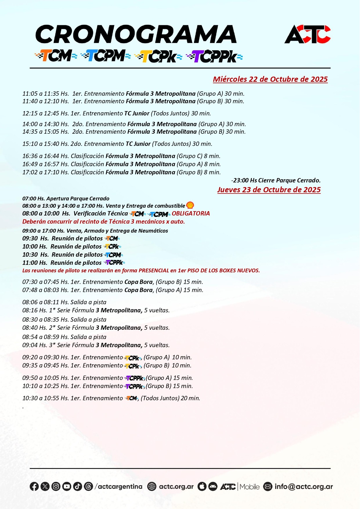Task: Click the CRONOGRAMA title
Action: pos(136,34)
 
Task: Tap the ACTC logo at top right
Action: pos(307,35)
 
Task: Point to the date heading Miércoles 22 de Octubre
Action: pos(270,79)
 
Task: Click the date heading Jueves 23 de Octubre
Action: pos(269,190)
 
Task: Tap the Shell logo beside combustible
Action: pos(190,205)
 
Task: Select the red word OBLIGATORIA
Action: pos(191,213)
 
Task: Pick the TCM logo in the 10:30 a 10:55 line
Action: pos(131,398)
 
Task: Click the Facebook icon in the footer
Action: pos(34,486)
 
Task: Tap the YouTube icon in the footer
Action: pos(66,486)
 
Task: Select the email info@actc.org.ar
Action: pos(303,486)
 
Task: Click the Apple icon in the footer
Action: pos(202,486)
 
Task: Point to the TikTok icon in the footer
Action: pos(77,486)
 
